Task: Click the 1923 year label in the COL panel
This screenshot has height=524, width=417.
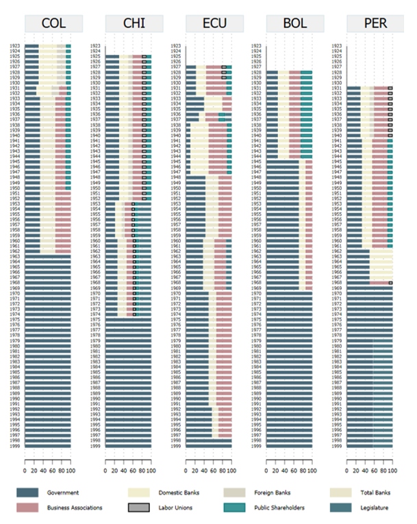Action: coord(16,46)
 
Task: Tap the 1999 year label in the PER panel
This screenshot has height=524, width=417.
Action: coord(338,445)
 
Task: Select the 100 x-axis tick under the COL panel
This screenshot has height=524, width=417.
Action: coord(70,471)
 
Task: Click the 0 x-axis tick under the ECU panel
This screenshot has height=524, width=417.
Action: coord(186,471)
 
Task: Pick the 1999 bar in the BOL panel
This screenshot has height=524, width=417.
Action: coord(290,445)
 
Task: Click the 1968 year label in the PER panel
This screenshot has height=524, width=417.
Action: coord(338,283)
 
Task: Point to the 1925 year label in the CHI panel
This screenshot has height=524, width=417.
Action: coord(97,56)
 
